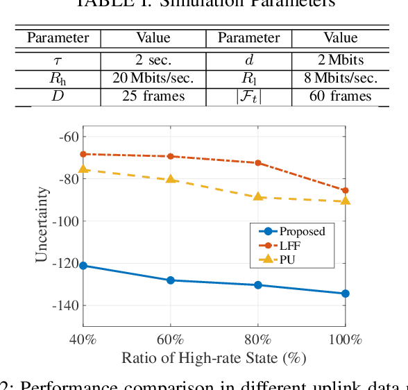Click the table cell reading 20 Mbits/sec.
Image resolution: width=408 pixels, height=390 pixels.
pos(153,78)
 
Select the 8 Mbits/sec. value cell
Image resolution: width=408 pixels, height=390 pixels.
pos(340,78)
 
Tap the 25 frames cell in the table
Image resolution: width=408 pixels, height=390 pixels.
pos(153,96)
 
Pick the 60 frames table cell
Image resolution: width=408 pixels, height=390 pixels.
pos(340,96)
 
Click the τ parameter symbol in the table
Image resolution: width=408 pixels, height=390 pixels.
pos(58,60)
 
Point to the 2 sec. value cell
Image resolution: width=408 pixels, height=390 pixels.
pos(153,60)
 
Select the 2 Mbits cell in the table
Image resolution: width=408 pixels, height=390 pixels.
pos(340,60)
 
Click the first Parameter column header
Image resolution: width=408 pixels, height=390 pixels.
pos(58,37)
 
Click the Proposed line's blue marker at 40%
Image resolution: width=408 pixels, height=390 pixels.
pos(83,266)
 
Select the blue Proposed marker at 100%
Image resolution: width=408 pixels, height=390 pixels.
pos(346,294)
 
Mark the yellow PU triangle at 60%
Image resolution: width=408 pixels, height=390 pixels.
pos(171,179)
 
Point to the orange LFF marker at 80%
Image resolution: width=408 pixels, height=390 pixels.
pos(258,163)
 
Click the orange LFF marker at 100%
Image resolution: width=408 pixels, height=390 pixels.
pos(346,190)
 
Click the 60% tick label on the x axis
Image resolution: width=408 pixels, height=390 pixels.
pos(171,340)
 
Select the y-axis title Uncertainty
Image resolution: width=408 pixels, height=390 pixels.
pos(42,224)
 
